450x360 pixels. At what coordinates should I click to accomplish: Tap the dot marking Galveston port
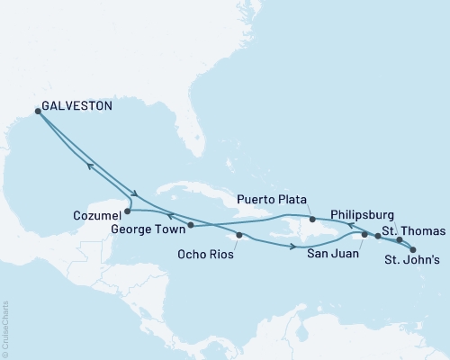38,111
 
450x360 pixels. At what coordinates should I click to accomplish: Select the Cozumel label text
94,215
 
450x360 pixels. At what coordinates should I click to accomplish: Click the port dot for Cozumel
127,212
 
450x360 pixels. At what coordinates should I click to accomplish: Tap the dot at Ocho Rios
238,236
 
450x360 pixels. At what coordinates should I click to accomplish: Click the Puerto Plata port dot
311,219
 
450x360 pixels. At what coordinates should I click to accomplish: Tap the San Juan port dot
364,235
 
